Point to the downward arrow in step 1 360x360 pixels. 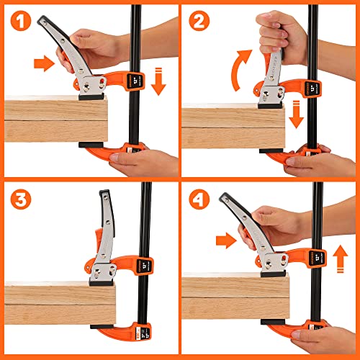click(x=158, y=81)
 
